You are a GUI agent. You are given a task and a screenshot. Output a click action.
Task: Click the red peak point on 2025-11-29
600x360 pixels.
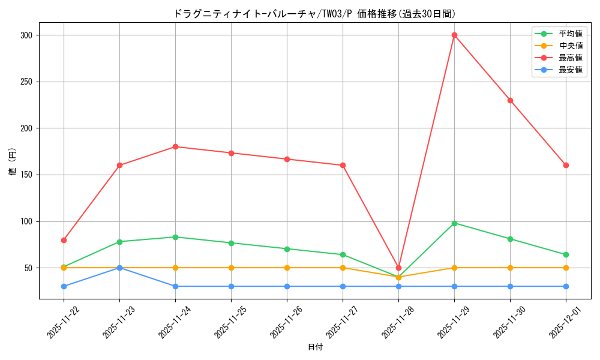pyautogui.click(x=454, y=35)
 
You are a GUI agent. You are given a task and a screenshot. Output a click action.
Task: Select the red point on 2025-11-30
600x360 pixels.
pyautogui.click(x=510, y=100)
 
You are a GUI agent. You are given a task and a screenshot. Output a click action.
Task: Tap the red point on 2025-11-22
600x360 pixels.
pyautogui.click(x=64, y=240)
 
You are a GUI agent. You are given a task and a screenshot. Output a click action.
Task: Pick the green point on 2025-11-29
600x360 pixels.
pyautogui.click(x=454, y=223)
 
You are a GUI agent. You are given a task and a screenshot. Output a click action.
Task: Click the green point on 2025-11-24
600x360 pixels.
pyautogui.click(x=175, y=237)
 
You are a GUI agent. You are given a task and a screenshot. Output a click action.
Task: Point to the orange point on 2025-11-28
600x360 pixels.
pyautogui.click(x=398, y=277)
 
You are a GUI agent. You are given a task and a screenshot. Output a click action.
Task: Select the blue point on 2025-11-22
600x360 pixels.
pyautogui.click(x=64, y=286)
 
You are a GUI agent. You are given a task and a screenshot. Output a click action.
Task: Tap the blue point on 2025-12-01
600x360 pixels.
pyautogui.click(x=566, y=286)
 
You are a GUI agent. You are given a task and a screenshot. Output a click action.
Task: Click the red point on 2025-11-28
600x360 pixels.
pyautogui.click(x=398, y=268)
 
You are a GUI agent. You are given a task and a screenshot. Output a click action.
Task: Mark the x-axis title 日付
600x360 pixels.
pyautogui.click(x=315, y=347)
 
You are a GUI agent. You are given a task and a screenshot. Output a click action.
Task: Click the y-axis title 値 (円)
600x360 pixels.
pyautogui.click(x=12, y=162)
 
